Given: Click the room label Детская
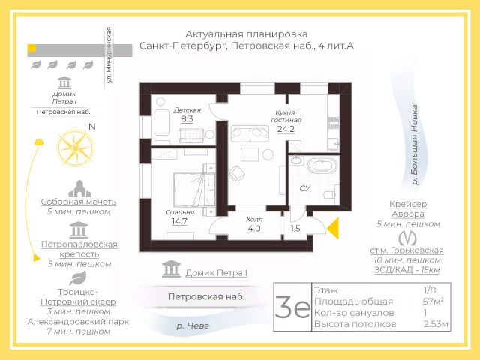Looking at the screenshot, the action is point(187,109).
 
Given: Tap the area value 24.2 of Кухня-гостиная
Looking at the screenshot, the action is point(286,129).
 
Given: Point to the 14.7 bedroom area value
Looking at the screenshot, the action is point(179,222).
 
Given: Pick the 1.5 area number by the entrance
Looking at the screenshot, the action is point(295,229).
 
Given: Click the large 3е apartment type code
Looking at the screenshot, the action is point(292,308).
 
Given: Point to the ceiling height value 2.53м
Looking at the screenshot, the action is point(435,324).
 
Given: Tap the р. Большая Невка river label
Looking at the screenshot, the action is point(415,146).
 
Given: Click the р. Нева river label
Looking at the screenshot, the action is point(193,325).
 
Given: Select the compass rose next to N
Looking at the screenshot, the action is point(75,146).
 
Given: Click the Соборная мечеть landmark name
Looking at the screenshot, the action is point(79,202).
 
